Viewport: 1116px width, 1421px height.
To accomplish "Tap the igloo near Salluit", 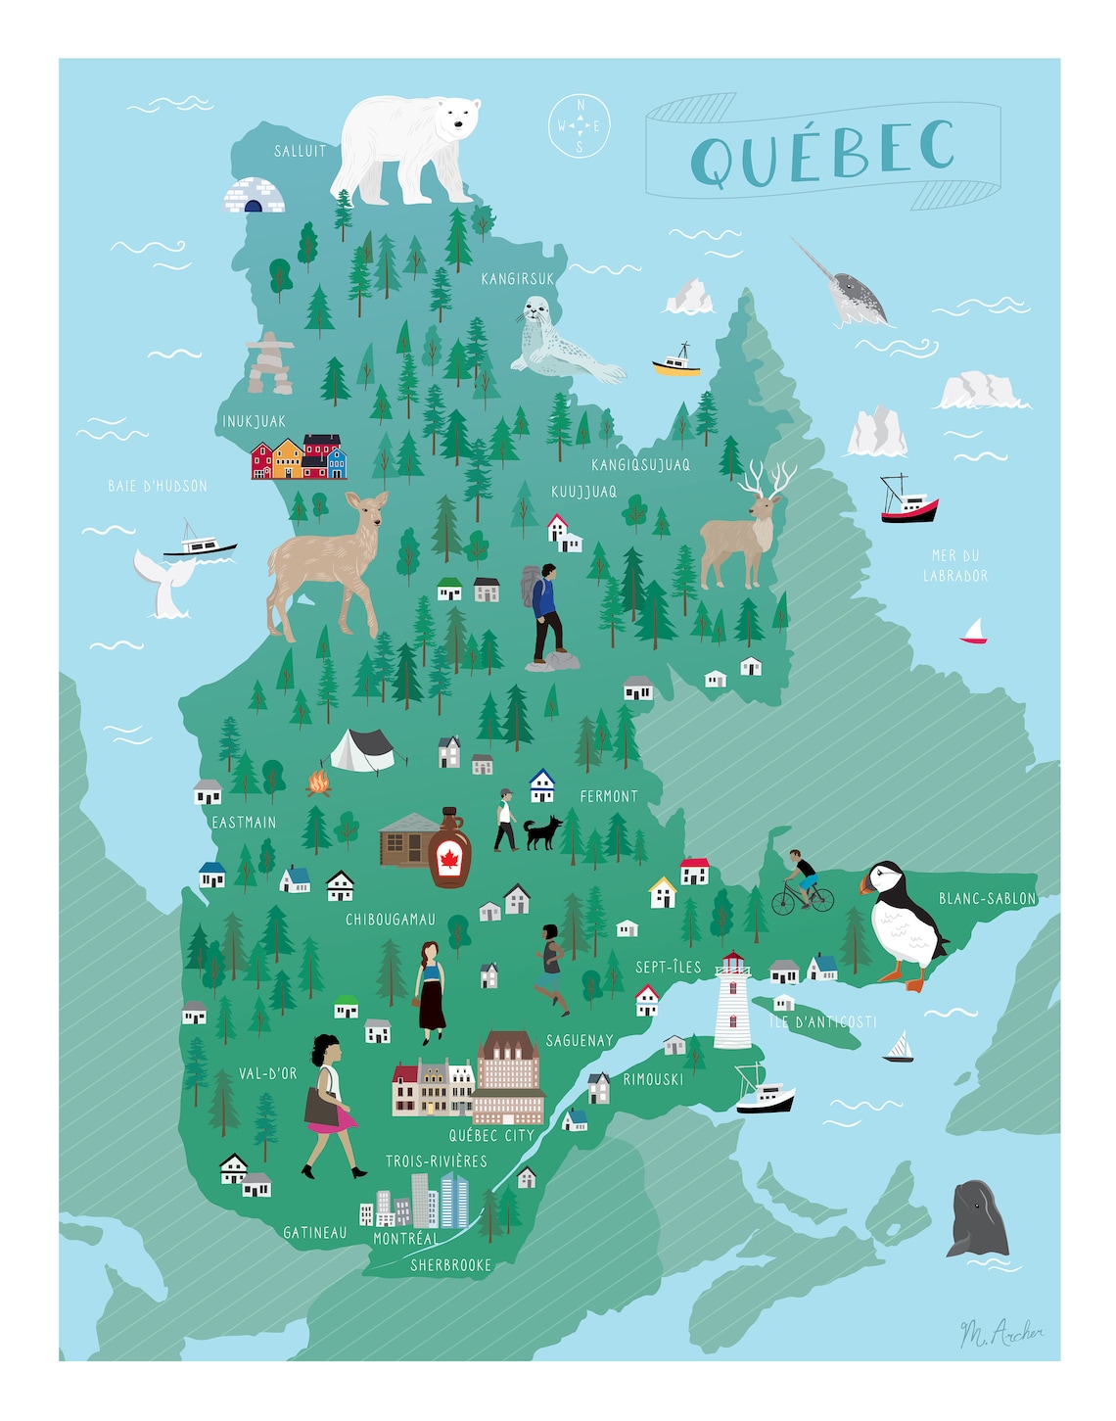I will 254,196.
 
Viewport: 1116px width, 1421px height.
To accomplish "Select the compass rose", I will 579,125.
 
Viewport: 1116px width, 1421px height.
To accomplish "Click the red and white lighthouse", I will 732,1000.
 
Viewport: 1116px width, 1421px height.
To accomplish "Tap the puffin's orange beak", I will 866,884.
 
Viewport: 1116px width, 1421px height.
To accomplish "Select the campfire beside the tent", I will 318,782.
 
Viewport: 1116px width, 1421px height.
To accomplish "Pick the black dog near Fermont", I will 541,831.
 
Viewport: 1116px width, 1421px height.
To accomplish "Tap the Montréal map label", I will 405,1238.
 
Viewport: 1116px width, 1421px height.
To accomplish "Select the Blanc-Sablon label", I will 987,898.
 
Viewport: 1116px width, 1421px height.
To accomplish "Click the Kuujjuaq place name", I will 583,492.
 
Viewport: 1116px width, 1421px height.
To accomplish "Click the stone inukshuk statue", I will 269,363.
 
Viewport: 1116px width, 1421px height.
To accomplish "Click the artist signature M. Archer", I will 1000,1333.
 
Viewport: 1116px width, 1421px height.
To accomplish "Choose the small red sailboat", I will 974,632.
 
